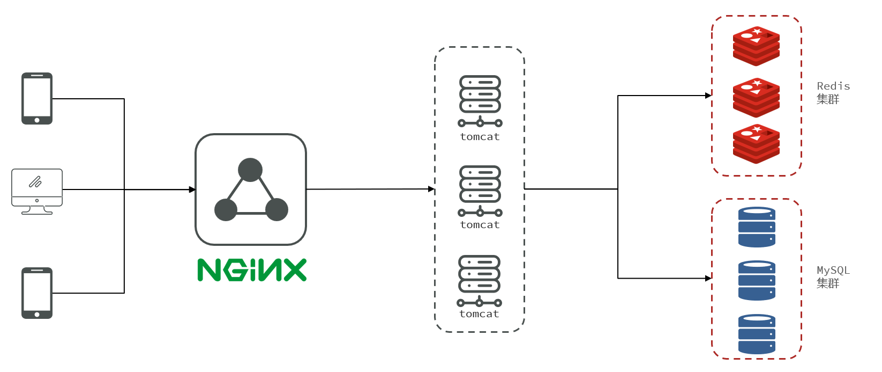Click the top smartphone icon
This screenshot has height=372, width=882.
point(37,99)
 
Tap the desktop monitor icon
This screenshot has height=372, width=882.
point(37,191)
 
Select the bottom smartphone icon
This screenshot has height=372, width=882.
point(37,293)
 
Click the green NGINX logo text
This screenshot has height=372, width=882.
point(252,270)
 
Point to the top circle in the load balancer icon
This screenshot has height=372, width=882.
point(250,170)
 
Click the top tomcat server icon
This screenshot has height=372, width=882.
point(480,101)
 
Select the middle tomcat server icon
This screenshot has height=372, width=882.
point(480,191)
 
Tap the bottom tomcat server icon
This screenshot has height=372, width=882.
point(480,280)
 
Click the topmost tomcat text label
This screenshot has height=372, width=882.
point(480,137)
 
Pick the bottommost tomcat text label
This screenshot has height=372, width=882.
point(479,314)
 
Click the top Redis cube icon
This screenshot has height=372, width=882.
point(756,46)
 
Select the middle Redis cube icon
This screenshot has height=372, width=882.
point(756,98)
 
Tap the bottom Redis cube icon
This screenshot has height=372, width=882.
point(756,144)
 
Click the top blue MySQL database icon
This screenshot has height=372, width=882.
point(757,227)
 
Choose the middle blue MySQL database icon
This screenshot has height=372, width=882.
point(757,280)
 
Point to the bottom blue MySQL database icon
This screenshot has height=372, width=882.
point(757,334)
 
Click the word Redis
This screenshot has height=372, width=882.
point(833,86)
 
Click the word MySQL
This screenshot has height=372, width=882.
point(833,271)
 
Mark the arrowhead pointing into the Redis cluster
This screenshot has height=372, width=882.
point(708,96)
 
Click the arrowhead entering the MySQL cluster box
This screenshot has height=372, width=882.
point(708,278)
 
